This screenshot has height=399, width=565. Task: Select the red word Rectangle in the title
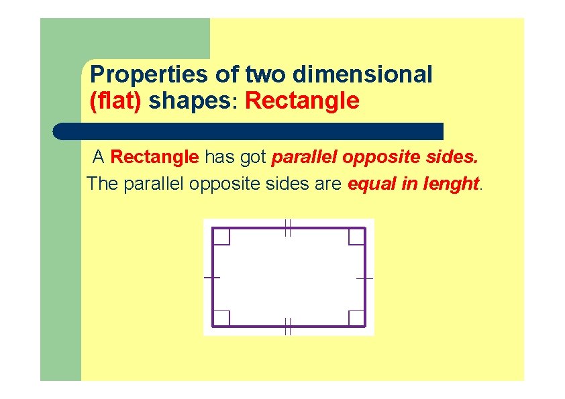[303, 101]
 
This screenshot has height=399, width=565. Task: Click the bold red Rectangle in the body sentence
[154, 158]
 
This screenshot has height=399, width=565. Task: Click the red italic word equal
[372, 183]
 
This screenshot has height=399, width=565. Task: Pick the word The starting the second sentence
[102, 183]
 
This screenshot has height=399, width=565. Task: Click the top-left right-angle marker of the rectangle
[222, 237]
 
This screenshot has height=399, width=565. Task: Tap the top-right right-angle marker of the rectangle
[356, 237]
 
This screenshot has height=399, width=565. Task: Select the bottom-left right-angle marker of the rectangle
[222, 318]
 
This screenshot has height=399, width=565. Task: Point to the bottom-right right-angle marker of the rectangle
[356, 318]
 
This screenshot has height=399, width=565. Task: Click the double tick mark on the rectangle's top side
[287, 228]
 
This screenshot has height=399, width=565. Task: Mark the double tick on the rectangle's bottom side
[287, 327]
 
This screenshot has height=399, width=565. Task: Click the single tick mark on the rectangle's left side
[212, 277]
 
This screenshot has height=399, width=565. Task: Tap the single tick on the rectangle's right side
[365, 277]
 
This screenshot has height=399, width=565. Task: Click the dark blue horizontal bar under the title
[248, 131]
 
